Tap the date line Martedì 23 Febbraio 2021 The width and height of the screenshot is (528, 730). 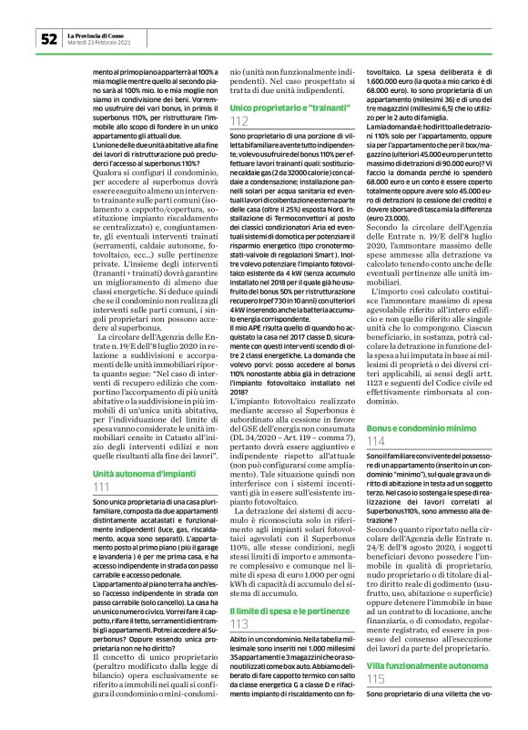pyautogui.click(x=100, y=43)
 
